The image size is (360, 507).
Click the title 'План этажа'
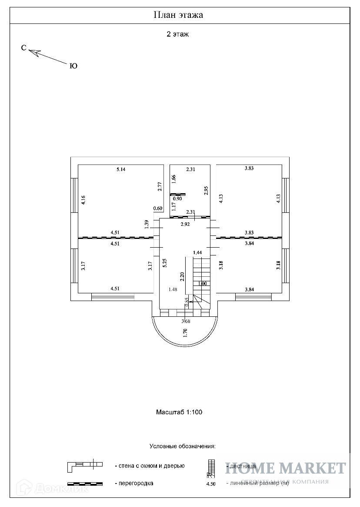pos(179,15)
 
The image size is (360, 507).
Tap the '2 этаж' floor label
pos(178,34)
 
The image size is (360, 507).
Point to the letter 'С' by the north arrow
pos(24,48)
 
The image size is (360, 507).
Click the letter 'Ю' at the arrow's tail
pos(73,66)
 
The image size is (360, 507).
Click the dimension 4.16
pos(83,200)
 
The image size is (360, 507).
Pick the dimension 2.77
pos(160,187)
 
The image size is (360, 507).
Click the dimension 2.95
pos(206,190)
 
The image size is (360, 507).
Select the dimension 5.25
pos(165,263)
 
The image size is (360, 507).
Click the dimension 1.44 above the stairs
pos(197,252)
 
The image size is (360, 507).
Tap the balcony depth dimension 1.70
pos(185,333)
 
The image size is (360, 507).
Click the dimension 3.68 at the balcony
pos(186,322)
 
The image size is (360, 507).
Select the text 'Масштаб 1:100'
pos(179,412)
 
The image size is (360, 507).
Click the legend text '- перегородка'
pos(134,483)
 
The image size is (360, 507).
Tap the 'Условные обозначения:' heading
pos(183,446)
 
